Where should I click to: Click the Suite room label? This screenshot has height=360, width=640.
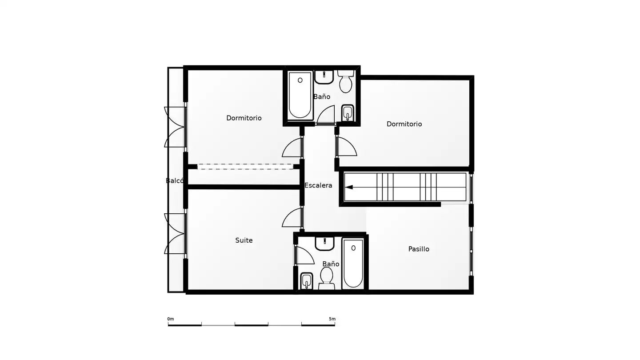tap(244, 240)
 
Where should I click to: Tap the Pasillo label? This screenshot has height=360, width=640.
tap(419, 249)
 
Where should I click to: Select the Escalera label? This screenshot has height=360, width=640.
tap(318, 185)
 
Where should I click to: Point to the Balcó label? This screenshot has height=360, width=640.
tap(175, 180)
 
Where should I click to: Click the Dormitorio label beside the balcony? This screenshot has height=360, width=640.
tap(244, 118)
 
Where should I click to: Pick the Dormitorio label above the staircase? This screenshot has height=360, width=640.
tap(404, 124)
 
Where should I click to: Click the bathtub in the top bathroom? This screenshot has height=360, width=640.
tap(300, 96)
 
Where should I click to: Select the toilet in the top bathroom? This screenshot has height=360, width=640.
tap(346, 82)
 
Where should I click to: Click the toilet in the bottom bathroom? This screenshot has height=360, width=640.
tap(326, 279)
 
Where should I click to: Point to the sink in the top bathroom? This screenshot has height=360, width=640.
tap(324, 77)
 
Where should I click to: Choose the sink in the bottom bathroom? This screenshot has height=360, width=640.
tap(324, 244)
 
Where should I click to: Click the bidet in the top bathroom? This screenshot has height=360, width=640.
tap(348, 113)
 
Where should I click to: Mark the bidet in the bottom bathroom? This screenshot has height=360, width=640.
tap(307, 281)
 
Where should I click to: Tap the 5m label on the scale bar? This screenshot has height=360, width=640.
tap(332, 319)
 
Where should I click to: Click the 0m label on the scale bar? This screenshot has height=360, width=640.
tap(171, 319)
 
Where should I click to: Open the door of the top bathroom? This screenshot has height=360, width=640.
tap(326, 115)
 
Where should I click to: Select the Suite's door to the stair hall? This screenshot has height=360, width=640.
tap(292, 217)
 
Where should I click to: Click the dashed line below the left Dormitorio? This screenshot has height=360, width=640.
tap(245, 167)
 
